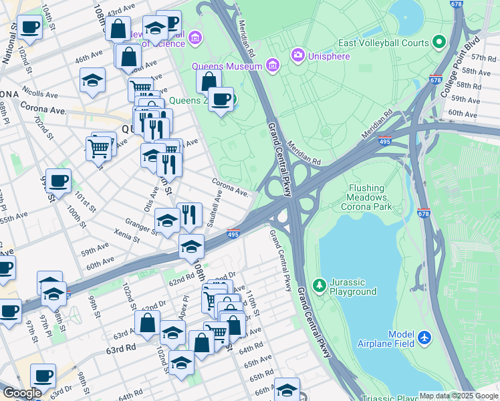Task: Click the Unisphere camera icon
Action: tap(297, 54)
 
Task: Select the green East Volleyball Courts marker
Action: tap(439, 43)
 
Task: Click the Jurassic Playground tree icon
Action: tap(320, 286)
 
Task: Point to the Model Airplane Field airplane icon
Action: tap(424, 339)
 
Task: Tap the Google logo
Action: tap(22, 393)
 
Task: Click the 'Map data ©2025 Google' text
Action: tap(459, 396)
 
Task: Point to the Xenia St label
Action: tap(126, 235)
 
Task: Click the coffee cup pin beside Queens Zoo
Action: tap(221, 100)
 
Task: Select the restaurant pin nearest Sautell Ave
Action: tap(189, 215)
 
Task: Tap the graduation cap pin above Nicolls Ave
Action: tap(92, 80)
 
